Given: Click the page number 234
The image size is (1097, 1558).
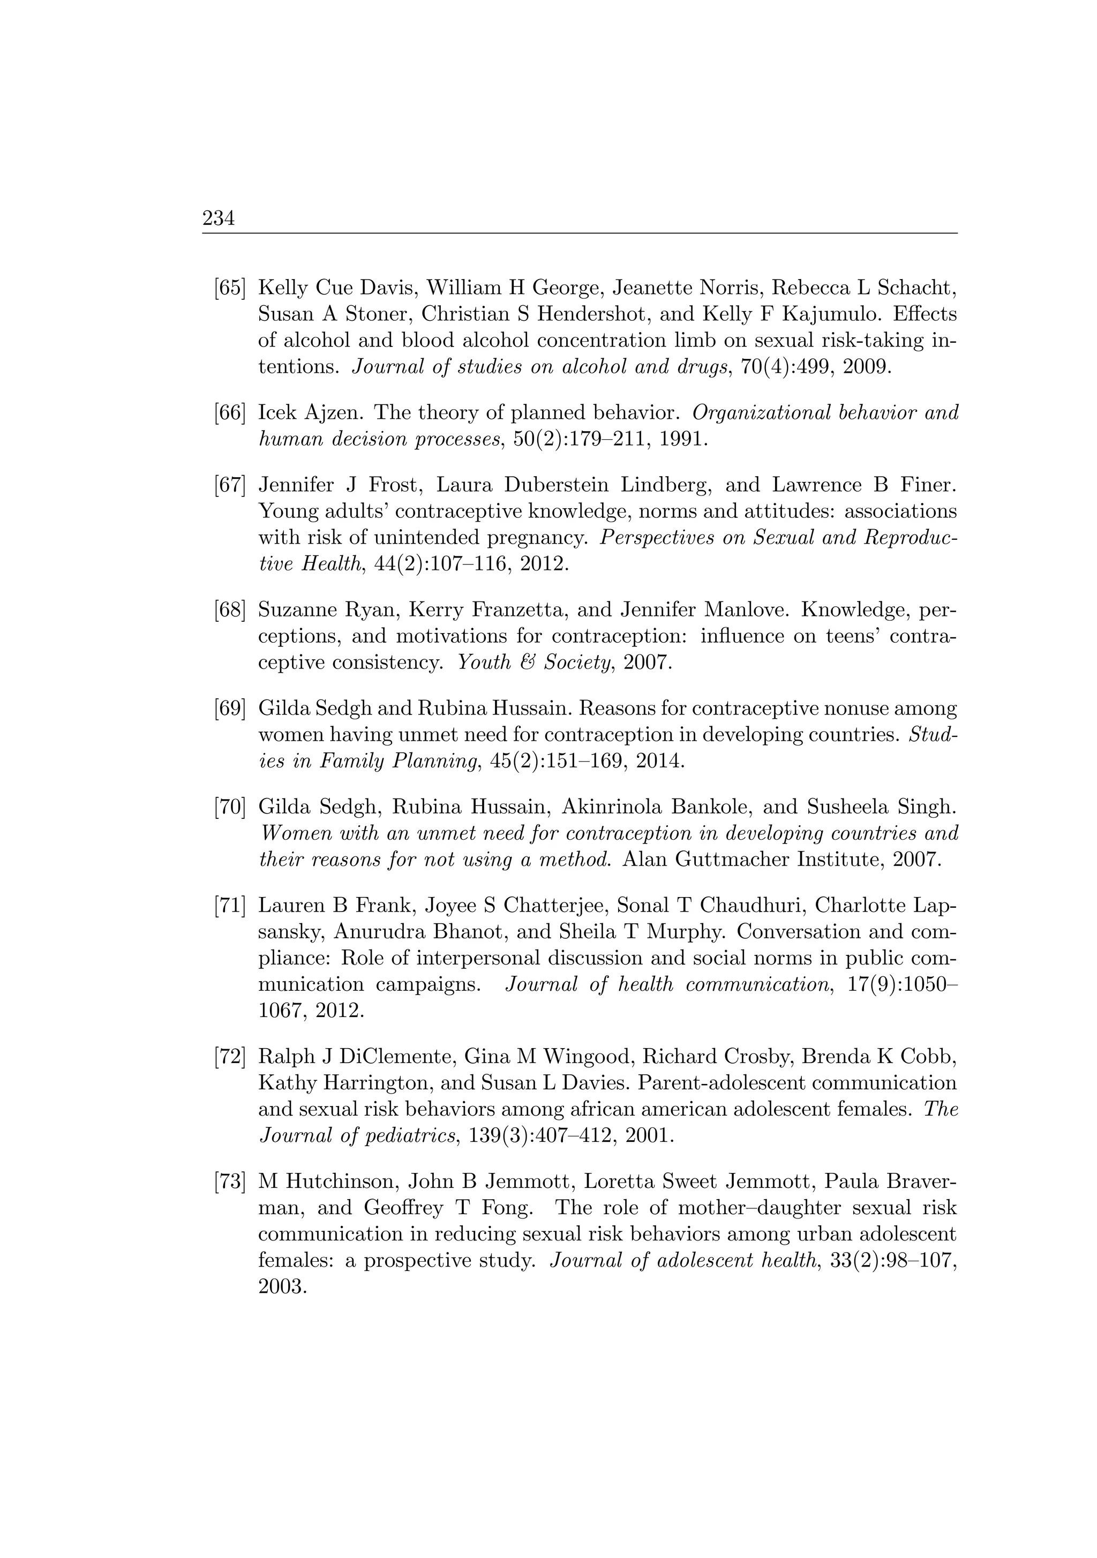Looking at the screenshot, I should point(219,219).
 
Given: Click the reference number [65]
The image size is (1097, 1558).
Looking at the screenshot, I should point(229,288).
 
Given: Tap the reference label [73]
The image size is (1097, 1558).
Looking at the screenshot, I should point(229,1181).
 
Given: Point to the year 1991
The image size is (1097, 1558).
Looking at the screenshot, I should point(686,439).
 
